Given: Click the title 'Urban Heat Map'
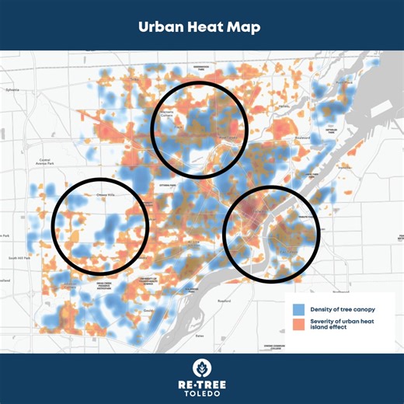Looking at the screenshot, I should pyautogui.click(x=201, y=26).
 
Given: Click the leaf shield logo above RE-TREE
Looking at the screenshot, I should pyautogui.click(x=202, y=367).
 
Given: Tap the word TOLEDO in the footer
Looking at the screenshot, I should pyautogui.click(x=202, y=393).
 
